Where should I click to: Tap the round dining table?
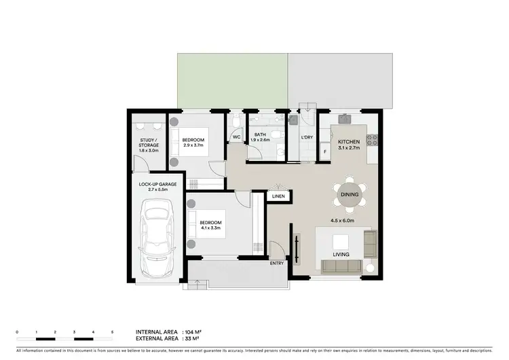click(x=350, y=195)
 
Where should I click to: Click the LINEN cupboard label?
click(x=279, y=196)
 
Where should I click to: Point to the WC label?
click(x=237, y=137)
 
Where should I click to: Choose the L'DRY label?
click(x=307, y=138)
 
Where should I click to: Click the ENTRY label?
click(x=277, y=263)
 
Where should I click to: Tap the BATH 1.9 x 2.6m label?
click(x=261, y=137)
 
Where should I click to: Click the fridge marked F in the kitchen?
click(x=324, y=151)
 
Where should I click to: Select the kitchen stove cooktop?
click(x=372, y=141)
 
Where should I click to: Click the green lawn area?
click(x=232, y=81)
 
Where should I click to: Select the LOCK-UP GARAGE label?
click(x=157, y=183)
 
